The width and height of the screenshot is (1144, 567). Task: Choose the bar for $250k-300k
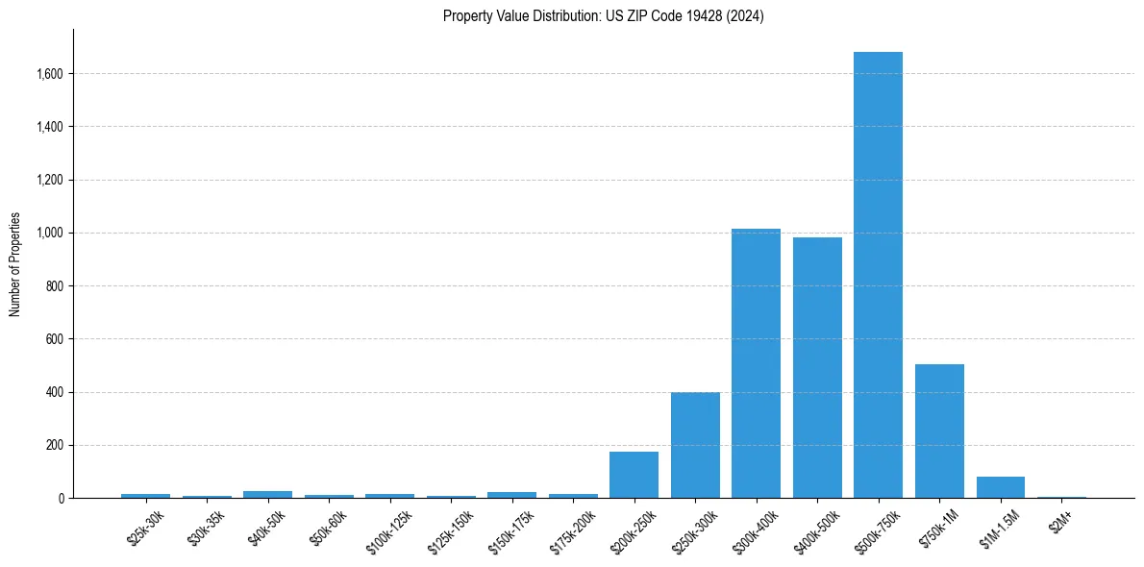point(695,445)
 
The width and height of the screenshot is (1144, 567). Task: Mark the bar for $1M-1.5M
point(1000,487)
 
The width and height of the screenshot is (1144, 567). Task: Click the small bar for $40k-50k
point(267,494)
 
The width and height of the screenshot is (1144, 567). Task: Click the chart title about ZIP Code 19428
point(603,16)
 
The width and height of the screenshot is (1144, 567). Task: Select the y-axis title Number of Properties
point(15,264)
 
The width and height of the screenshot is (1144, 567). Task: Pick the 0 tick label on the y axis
point(61,499)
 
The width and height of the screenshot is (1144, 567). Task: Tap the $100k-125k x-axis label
point(386,530)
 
